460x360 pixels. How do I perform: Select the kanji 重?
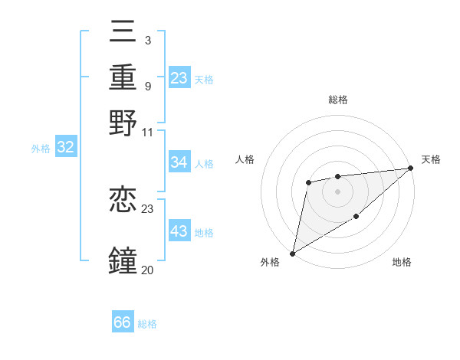(x=123, y=77)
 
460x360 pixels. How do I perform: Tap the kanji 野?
(x=123, y=123)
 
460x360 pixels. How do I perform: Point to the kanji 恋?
(x=123, y=201)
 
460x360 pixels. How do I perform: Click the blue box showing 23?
(x=179, y=77)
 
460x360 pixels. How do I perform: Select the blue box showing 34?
(x=179, y=162)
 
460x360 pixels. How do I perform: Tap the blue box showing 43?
(x=179, y=231)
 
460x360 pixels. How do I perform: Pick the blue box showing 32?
(x=66, y=148)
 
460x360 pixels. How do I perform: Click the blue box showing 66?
(x=123, y=322)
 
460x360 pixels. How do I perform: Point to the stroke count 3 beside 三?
(x=147, y=40)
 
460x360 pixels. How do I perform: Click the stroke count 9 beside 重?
(x=147, y=86)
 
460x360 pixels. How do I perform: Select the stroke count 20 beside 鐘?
(x=147, y=270)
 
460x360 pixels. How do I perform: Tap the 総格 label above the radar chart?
(x=337, y=100)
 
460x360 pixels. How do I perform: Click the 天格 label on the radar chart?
(x=431, y=159)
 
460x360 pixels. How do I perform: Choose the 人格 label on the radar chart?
(x=245, y=159)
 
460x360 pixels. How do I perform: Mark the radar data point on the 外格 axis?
(x=292, y=253)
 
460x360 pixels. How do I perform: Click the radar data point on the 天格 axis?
(x=411, y=169)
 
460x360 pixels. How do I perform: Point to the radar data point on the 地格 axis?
(x=356, y=217)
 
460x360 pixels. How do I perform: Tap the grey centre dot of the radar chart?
(x=337, y=191)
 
